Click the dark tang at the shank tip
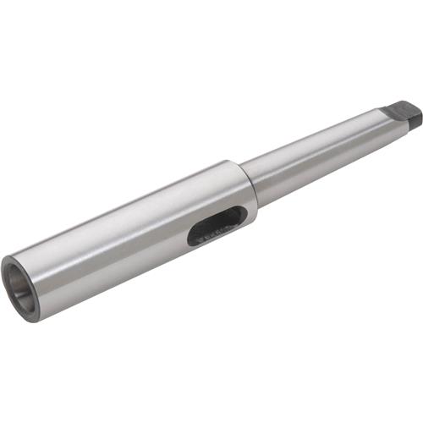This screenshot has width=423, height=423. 404,116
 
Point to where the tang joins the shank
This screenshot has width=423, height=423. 387,118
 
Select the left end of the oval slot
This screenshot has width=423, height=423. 192,238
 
